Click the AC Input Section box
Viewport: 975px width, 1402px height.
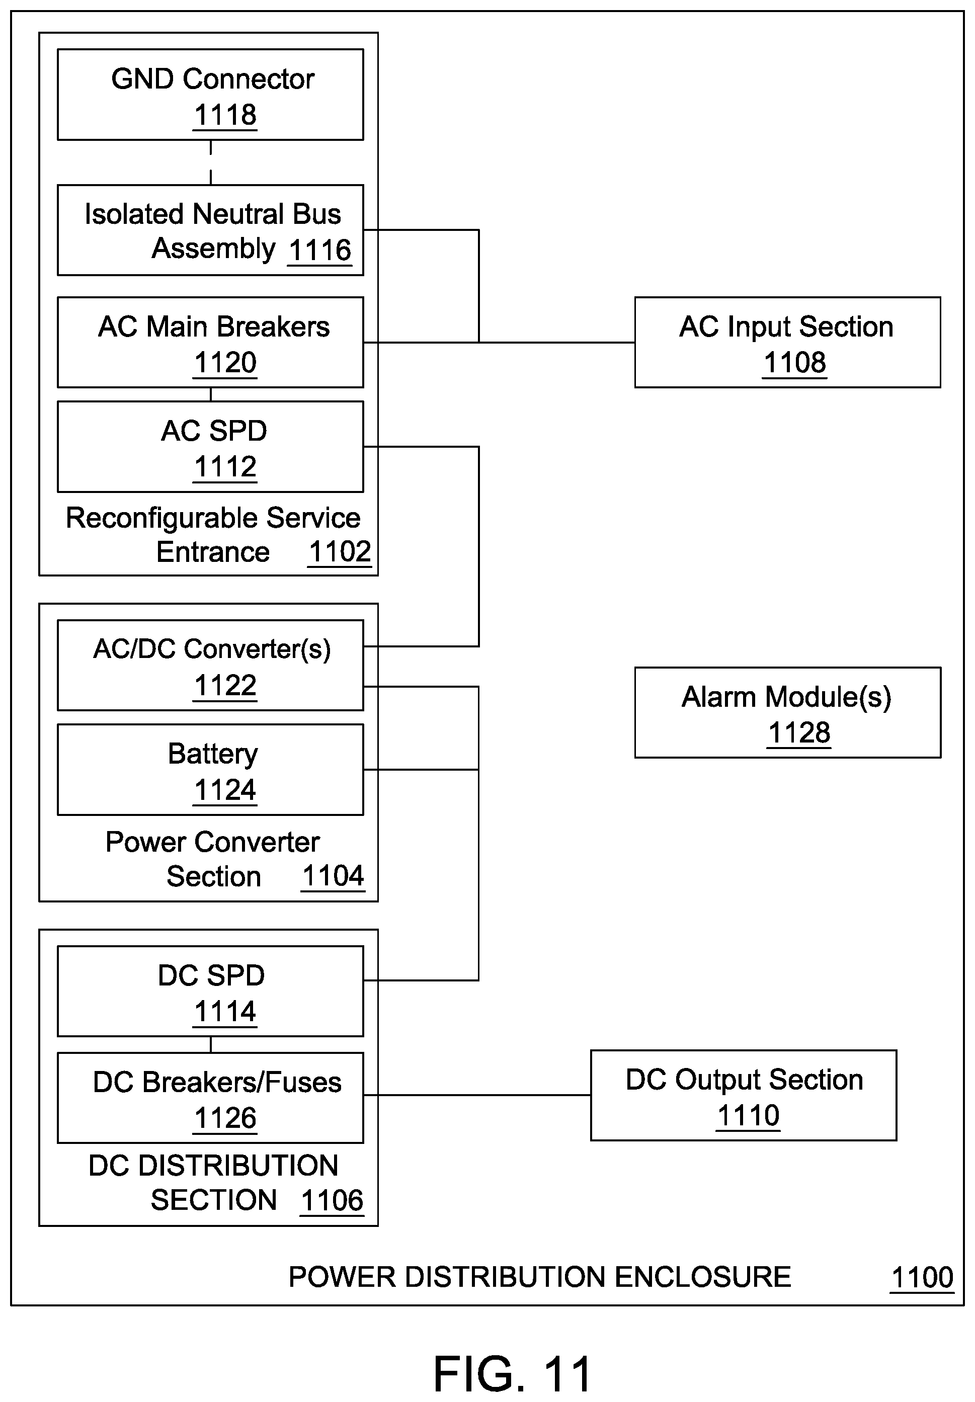tap(787, 343)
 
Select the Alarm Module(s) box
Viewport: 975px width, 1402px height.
tap(787, 713)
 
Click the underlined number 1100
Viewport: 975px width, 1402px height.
tap(922, 1277)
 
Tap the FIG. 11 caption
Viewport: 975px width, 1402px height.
tap(512, 1373)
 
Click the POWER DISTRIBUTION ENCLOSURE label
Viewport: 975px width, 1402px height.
tap(540, 1277)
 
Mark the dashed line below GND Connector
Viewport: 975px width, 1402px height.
tap(211, 162)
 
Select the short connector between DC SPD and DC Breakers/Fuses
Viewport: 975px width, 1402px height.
tap(211, 1044)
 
